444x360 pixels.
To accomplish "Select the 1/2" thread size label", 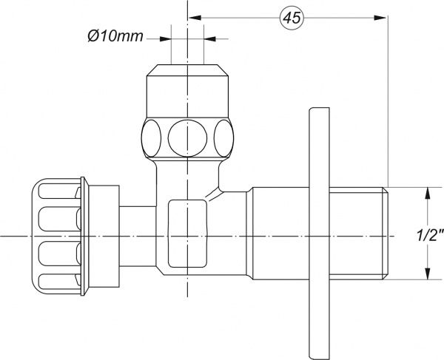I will [x=430, y=235].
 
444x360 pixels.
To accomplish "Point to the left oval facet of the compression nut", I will [x=152, y=136].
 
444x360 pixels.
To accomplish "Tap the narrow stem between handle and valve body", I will [x=137, y=235].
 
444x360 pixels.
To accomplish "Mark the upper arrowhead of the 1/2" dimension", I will [x=425, y=194].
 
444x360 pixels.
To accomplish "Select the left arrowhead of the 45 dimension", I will [x=193, y=17].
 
